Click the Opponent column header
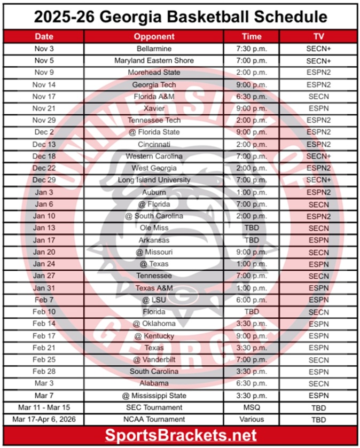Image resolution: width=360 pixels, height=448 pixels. tap(154, 37)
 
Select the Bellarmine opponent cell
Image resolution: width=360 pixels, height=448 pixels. tap(154, 49)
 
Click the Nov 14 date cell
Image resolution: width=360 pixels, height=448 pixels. tap(44, 84)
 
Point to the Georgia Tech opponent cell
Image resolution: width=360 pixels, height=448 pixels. tap(154, 84)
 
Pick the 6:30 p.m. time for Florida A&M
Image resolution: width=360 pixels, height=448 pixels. tap(251, 97)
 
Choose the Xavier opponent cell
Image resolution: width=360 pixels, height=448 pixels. tap(154, 108)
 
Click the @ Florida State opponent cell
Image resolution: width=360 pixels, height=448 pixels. tap(154, 132)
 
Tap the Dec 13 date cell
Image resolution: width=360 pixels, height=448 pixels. tap(44, 144)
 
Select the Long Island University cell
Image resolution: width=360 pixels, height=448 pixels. tap(154, 180)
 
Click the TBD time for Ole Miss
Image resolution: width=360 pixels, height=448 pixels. tap(251, 228)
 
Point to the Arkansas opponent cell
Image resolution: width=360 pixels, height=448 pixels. tap(154, 240)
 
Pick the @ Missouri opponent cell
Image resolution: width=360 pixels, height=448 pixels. tap(154, 252)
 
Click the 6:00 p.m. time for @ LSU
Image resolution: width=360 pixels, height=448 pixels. tap(251, 300)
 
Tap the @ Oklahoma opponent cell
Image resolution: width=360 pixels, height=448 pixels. tap(154, 324)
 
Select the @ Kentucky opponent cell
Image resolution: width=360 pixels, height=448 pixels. tap(154, 336)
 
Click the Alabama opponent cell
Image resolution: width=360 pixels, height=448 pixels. tap(154, 383)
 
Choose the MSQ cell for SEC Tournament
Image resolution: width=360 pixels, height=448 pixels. tap(251, 407)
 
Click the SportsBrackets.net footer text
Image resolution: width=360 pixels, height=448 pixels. tap(180, 435)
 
